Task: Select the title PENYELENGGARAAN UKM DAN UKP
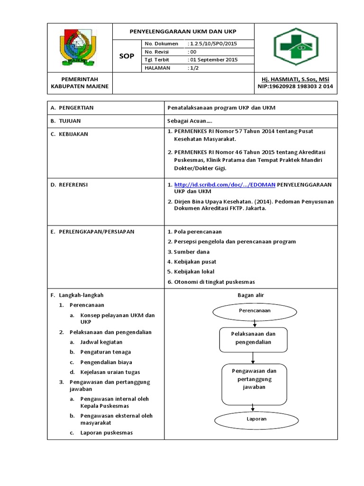pos(183,31)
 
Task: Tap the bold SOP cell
pos(127,56)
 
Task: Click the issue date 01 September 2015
pos(213,60)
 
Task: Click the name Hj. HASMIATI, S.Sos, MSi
pos(296,79)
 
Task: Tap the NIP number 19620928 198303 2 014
pos(295,86)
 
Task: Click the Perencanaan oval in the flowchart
pos(255,310)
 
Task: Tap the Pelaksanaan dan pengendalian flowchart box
pos(253,338)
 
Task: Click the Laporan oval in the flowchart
pos(256,419)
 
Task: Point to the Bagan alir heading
pos(250,295)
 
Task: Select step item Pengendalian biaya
pos(106,362)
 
